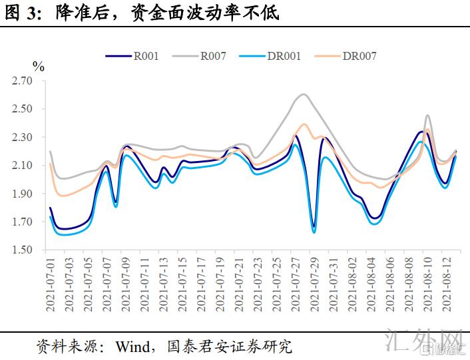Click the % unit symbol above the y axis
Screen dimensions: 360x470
pyautogui.click(x=38, y=67)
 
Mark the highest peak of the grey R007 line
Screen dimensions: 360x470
pyautogui.click(x=304, y=94)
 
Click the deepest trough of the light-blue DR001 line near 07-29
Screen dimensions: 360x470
pyautogui.click(x=314, y=232)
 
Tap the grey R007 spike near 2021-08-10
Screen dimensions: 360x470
pyautogui.click(x=427, y=116)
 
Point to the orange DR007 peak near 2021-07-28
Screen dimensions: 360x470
pyautogui.click(x=304, y=124)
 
